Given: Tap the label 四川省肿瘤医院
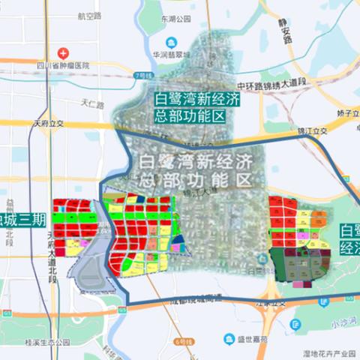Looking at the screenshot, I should coord(64,65).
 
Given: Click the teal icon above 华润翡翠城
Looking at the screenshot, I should coord(172,41).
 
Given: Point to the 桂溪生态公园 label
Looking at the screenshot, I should coord(47,342).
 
